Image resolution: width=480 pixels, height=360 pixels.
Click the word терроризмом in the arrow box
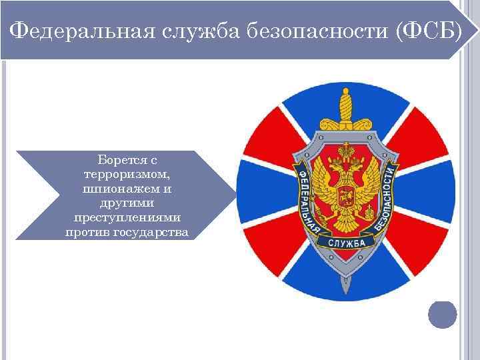(x=127, y=175)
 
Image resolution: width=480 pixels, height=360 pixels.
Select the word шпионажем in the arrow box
(x=123, y=189)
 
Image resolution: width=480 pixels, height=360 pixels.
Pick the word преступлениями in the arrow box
(x=127, y=218)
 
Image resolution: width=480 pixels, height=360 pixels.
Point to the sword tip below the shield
(x=345, y=287)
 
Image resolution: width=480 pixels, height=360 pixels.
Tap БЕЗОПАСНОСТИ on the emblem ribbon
(x=386, y=200)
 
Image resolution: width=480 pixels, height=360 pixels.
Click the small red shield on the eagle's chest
(x=345, y=197)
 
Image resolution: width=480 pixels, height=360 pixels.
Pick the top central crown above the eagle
(x=345, y=152)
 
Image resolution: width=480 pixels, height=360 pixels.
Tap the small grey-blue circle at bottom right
(x=442, y=315)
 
